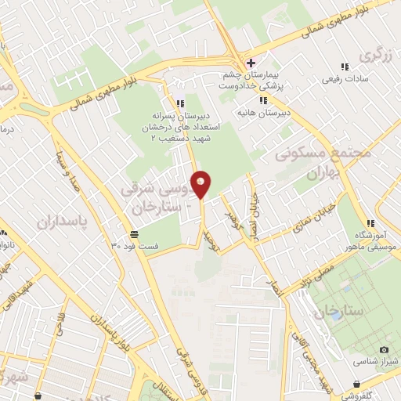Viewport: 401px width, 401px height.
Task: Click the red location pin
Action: point(201,183)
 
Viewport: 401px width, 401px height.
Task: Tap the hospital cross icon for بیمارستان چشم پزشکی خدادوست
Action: point(251,63)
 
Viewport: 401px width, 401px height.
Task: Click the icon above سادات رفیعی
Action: point(344,67)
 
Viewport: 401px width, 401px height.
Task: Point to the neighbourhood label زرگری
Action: point(374,57)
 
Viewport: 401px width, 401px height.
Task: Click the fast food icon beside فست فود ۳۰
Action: point(135,234)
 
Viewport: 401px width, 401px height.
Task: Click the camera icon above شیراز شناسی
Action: point(383,349)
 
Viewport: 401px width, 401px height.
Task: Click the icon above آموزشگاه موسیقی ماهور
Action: point(370,223)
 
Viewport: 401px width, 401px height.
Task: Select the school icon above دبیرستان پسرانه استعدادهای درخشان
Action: point(180,103)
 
